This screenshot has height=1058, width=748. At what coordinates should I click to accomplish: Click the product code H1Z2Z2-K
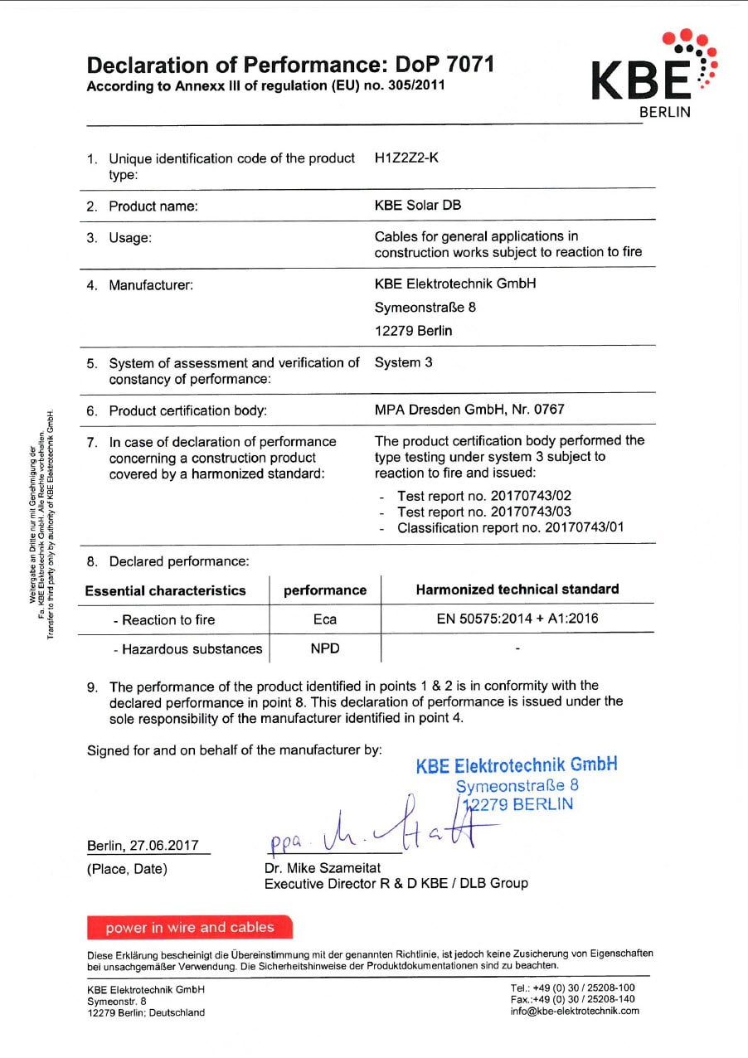tap(406, 158)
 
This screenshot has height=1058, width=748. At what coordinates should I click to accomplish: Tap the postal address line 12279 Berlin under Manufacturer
tap(413, 331)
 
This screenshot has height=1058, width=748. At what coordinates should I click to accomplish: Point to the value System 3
tap(403, 362)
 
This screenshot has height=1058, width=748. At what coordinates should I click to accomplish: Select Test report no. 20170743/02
tap(484, 496)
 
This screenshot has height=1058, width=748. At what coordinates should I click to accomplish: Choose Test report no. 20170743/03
tap(484, 512)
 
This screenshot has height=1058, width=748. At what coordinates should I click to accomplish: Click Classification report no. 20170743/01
tap(511, 527)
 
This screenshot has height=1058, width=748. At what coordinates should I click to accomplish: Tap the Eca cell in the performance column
tap(325, 619)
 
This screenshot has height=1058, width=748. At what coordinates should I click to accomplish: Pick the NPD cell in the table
tap(325, 648)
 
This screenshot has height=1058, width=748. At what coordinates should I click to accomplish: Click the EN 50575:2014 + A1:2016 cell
tap(517, 619)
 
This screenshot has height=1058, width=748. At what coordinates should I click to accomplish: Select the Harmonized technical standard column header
tap(517, 590)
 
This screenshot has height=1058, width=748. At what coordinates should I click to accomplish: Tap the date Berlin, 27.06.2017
tap(143, 846)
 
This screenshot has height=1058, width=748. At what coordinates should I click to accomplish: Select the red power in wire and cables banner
tap(190, 927)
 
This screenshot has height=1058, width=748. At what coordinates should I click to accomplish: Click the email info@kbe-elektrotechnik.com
tap(575, 1011)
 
